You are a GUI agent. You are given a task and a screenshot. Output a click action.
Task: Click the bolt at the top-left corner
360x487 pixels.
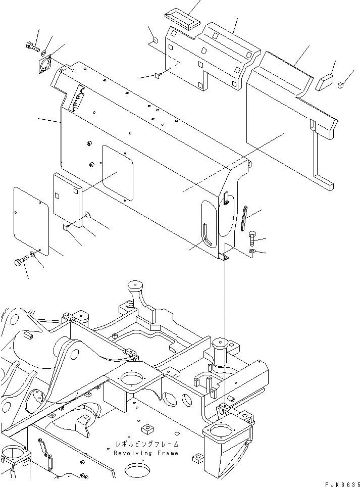point(32,46)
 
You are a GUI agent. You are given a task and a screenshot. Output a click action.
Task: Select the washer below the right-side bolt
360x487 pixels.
point(252,251)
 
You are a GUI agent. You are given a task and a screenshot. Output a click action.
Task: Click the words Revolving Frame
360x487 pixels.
point(145,453)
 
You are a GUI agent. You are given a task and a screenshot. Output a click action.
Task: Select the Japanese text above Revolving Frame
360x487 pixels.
point(145,445)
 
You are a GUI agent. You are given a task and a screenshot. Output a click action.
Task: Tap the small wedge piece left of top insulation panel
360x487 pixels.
point(157,76)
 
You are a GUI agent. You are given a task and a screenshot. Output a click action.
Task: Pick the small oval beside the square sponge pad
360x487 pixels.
point(87,216)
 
